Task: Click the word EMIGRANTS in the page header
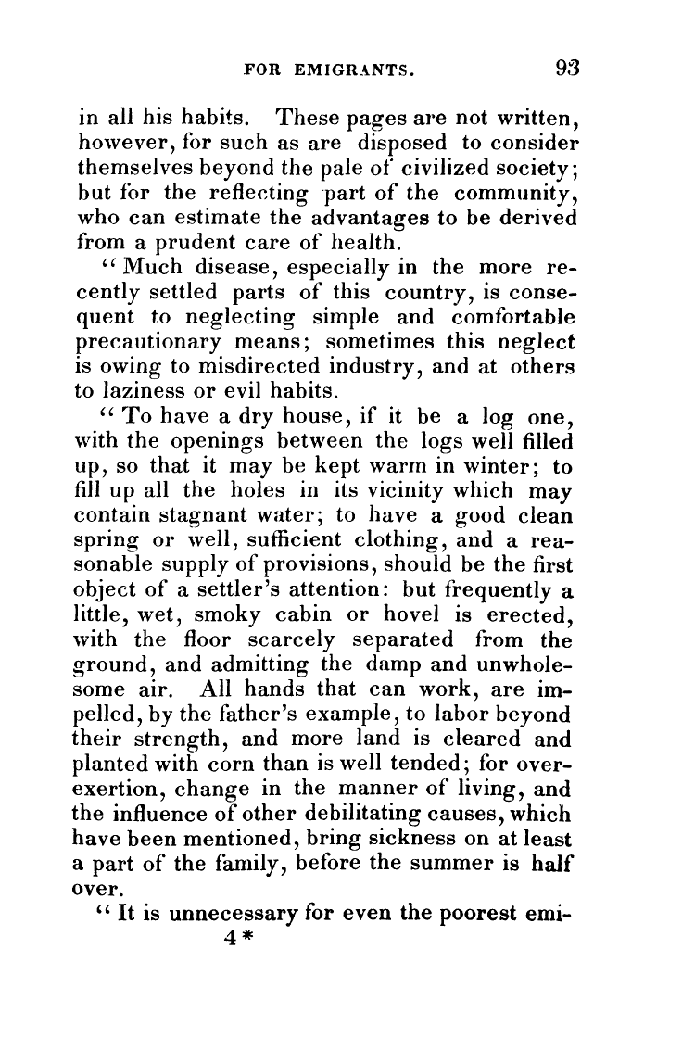354,68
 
